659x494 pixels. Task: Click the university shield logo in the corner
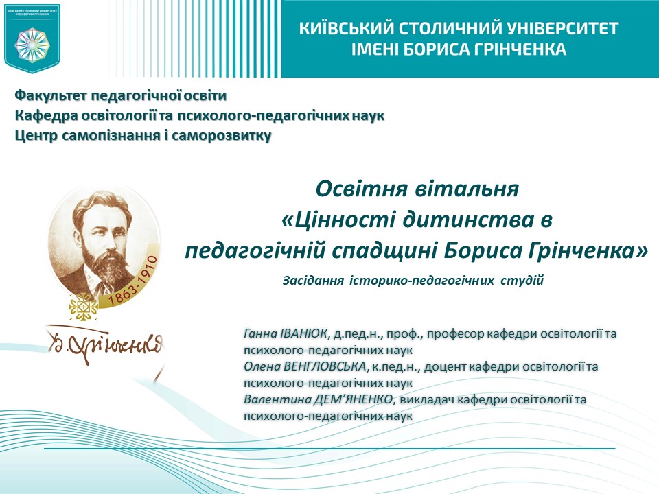(32, 38)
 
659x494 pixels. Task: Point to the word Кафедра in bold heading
(42, 115)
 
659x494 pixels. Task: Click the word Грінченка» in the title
(594, 251)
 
